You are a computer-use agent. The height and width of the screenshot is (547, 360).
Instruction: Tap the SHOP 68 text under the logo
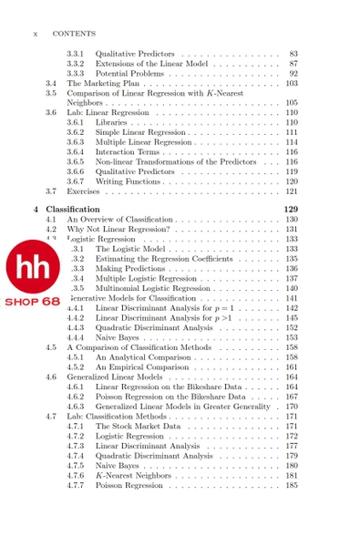(32, 301)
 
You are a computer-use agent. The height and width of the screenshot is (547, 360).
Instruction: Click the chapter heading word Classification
(73, 209)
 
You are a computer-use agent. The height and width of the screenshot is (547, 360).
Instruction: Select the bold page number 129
(291, 209)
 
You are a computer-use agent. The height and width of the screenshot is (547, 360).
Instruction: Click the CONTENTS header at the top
(74, 34)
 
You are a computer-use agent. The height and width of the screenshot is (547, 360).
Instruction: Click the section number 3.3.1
(76, 54)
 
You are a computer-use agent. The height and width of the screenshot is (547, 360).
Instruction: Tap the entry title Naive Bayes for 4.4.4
(118, 337)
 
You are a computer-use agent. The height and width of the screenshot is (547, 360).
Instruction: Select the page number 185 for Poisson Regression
(292, 486)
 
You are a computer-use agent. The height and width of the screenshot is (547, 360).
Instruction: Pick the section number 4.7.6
(76, 475)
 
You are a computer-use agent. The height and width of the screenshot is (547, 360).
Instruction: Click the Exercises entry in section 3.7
(83, 191)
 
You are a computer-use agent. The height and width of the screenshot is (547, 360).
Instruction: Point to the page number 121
(292, 191)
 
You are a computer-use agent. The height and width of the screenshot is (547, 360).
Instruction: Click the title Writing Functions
(128, 181)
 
